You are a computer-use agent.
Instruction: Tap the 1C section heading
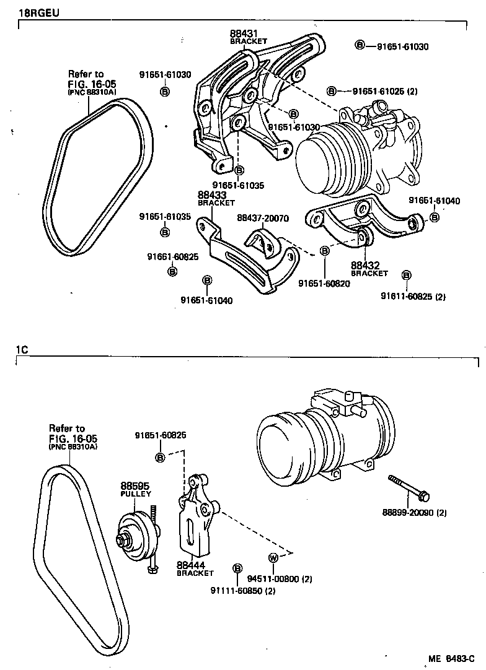(x=22, y=350)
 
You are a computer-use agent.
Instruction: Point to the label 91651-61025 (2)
(x=384, y=91)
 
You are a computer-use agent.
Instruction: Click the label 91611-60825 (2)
(x=413, y=297)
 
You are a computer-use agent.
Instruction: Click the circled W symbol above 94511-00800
(x=272, y=557)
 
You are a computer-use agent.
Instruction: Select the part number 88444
(x=190, y=565)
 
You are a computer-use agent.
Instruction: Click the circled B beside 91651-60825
(x=160, y=458)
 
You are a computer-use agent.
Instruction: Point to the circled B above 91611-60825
(x=406, y=274)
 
